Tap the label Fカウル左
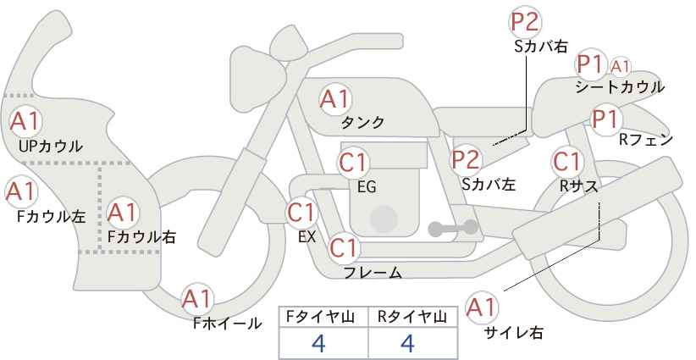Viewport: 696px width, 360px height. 51,216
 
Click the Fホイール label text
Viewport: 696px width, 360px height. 227,323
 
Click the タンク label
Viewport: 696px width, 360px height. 362,123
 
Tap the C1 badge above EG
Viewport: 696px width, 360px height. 354,162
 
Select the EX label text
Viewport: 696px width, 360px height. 307,236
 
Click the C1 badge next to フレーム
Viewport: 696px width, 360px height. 344,248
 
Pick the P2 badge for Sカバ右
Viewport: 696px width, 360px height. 526,22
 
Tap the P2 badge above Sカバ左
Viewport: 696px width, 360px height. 466,158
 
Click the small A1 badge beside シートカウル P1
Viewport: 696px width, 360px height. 621,65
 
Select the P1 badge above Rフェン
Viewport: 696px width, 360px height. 605,119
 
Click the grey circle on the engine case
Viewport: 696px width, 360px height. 384,218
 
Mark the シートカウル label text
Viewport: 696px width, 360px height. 619,86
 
